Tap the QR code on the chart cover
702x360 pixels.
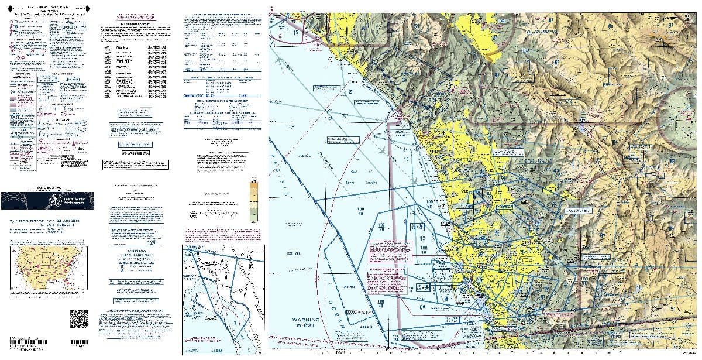(x=78, y=318)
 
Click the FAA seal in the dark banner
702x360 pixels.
(x=56, y=200)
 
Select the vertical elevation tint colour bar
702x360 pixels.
(x=253, y=200)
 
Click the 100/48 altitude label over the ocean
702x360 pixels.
(x=359, y=211)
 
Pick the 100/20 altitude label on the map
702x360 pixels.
(x=381, y=227)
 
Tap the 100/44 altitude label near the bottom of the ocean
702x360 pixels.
(x=381, y=304)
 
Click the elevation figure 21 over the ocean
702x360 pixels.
(x=352, y=92)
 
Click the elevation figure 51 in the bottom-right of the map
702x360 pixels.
(x=673, y=308)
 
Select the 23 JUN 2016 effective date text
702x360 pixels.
(x=70, y=220)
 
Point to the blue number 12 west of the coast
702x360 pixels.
(x=421, y=238)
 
